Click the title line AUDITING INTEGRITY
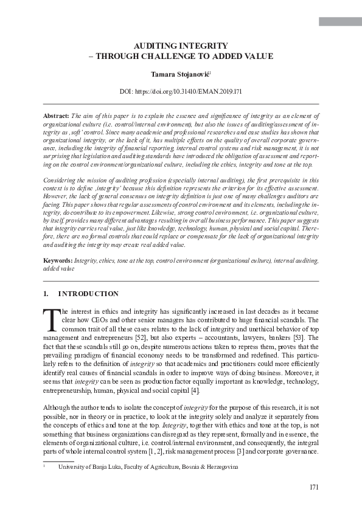(181, 46)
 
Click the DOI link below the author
(181, 92)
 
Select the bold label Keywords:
(58, 260)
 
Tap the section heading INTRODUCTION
(88, 294)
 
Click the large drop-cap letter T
(51, 318)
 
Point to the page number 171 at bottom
(314, 486)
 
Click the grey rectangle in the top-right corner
(340, 22)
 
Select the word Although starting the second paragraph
(57, 407)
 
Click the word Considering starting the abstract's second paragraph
(61, 181)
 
